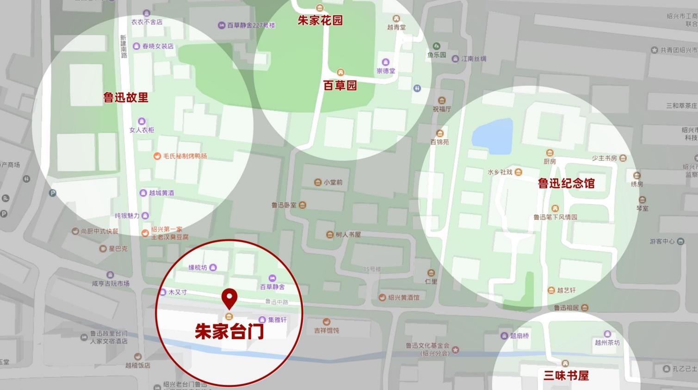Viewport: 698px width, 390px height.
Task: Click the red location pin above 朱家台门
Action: (229, 298)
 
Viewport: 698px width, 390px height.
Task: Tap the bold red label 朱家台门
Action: (229, 331)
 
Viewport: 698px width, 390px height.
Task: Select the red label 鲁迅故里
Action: (126, 98)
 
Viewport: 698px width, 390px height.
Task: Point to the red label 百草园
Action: (340, 86)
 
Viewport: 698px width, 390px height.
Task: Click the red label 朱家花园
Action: (320, 20)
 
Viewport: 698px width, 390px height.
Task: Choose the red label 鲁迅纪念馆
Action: (566, 183)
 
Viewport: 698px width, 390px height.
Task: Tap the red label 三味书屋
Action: (566, 375)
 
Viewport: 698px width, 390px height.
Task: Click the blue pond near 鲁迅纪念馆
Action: (494, 136)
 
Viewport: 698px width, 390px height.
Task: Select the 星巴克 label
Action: (117, 248)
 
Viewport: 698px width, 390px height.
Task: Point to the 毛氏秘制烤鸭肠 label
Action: (185, 156)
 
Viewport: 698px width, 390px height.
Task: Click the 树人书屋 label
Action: (348, 235)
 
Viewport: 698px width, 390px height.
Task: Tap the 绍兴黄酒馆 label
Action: (403, 297)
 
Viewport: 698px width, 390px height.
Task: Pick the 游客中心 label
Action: (662, 241)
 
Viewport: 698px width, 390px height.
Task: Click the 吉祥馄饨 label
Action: (327, 330)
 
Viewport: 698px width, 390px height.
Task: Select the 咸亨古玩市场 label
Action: (111, 283)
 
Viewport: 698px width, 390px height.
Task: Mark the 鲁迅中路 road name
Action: (277, 302)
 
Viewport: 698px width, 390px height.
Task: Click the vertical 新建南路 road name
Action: (124, 46)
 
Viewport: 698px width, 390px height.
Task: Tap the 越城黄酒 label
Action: (161, 193)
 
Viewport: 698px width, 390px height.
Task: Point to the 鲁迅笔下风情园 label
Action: (555, 217)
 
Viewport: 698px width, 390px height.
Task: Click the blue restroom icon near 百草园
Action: (417, 88)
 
